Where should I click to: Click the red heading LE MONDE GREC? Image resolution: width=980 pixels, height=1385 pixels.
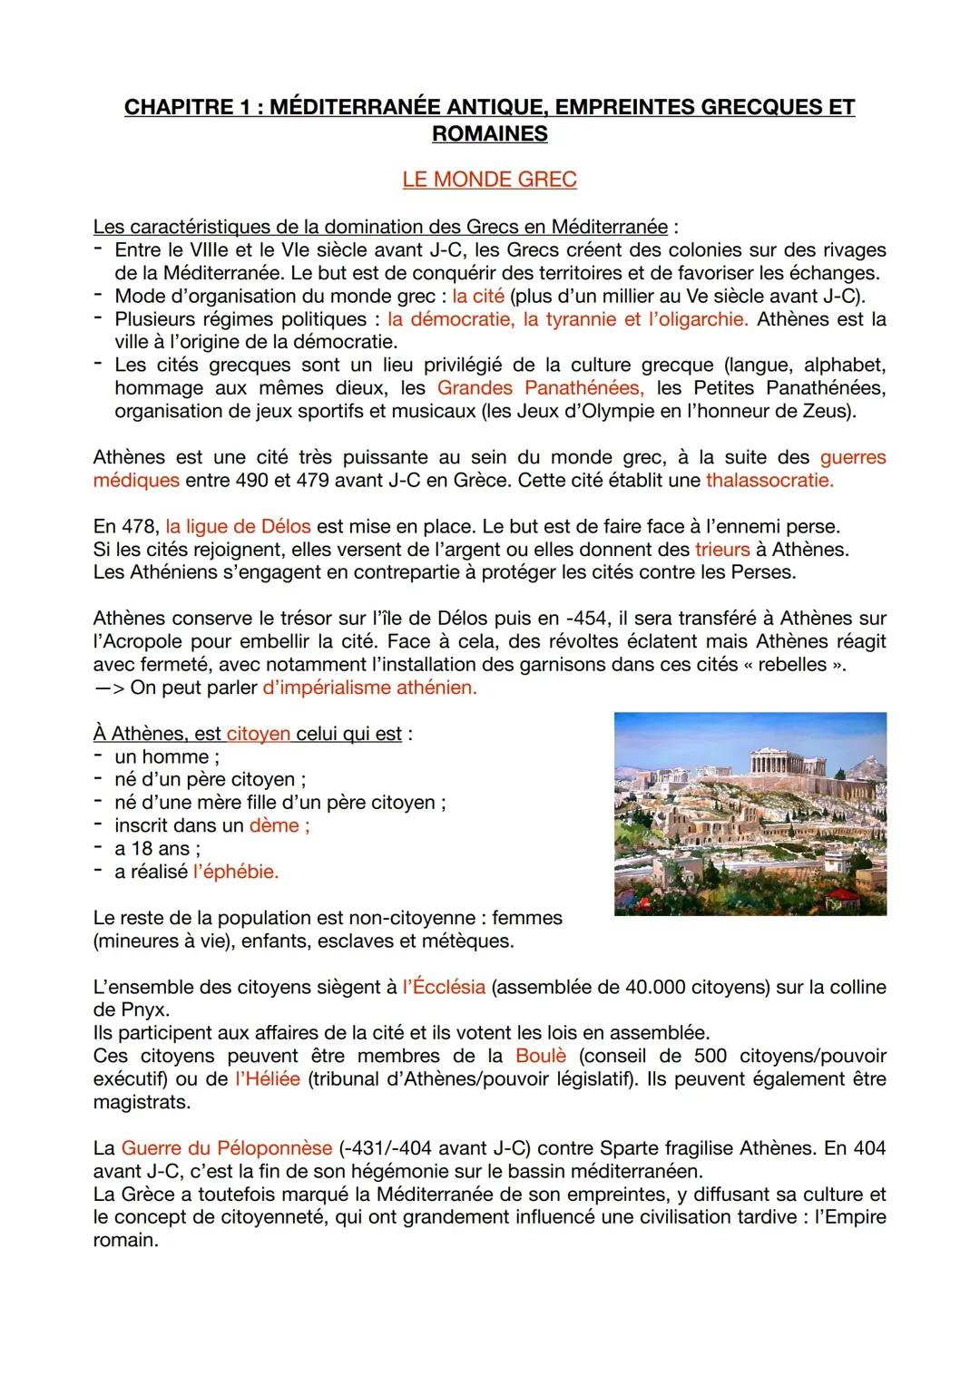(489, 180)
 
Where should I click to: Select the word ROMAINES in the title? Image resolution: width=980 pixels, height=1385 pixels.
(489, 134)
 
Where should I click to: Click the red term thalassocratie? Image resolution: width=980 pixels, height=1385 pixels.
(769, 481)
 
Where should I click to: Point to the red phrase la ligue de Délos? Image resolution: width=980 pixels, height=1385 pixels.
(238, 526)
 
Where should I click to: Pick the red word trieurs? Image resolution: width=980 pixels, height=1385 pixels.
(722, 550)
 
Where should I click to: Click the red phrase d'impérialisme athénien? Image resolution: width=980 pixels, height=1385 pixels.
(369, 688)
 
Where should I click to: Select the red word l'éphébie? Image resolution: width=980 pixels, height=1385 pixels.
(236, 872)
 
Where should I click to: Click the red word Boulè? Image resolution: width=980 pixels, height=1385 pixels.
(541, 1056)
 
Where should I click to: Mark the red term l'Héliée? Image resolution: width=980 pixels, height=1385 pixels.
(267, 1079)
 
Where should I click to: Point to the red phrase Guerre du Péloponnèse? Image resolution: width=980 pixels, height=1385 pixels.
(227, 1148)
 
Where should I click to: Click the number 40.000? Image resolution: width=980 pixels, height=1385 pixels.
(655, 987)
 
